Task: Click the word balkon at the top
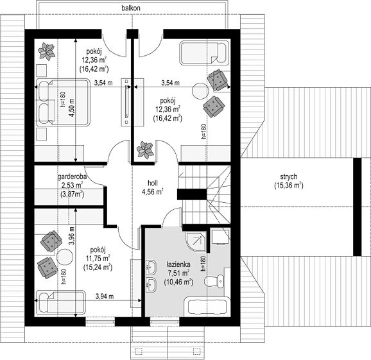click(x=131, y=8)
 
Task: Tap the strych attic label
click(x=289, y=176)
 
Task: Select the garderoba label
click(x=72, y=176)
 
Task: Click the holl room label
click(x=153, y=183)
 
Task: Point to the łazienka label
click(x=178, y=264)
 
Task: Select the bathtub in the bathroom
click(x=209, y=306)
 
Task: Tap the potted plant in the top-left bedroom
click(x=47, y=51)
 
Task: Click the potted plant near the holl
click(x=146, y=150)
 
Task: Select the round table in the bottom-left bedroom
click(x=65, y=257)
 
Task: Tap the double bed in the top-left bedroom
click(x=63, y=102)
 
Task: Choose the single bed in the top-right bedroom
click(x=204, y=53)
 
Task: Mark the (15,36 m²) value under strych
click(x=289, y=185)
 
